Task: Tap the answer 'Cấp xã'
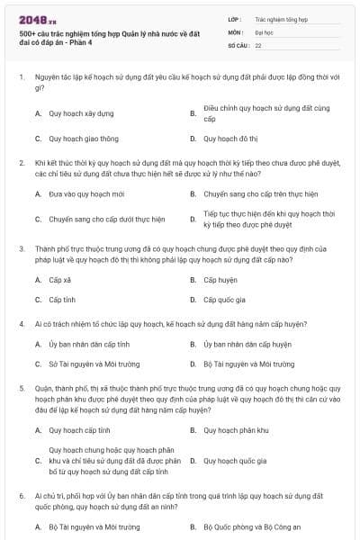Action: point(60,280)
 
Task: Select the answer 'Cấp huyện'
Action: point(220,280)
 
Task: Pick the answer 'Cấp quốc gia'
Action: point(224,300)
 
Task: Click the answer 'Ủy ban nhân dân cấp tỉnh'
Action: point(89,344)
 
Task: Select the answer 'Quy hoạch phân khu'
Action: point(236,430)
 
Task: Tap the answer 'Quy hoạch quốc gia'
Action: point(235,461)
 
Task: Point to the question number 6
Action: point(21,496)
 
